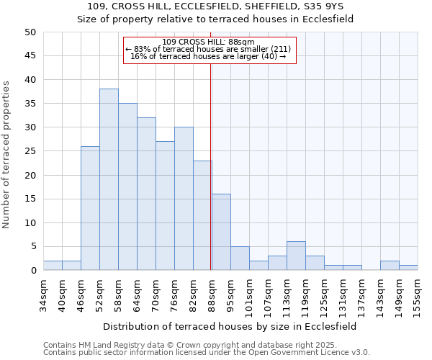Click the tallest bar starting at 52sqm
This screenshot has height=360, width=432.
pos(109,180)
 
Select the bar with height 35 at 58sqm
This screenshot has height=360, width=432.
pos(127,187)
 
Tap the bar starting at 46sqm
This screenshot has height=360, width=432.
pos(90,209)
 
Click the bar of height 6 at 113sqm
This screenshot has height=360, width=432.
pos(296,256)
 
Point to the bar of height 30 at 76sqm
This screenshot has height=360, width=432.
pos(184,199)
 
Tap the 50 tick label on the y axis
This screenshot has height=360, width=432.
pos(30,32)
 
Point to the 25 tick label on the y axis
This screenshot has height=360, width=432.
pos(30,151)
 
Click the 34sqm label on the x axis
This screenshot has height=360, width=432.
pos(43,292)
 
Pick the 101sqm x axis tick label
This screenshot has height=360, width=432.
pos(249,293)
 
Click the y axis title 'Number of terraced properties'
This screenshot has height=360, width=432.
pos(6,155)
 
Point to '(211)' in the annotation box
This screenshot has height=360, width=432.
pos(280,49)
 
